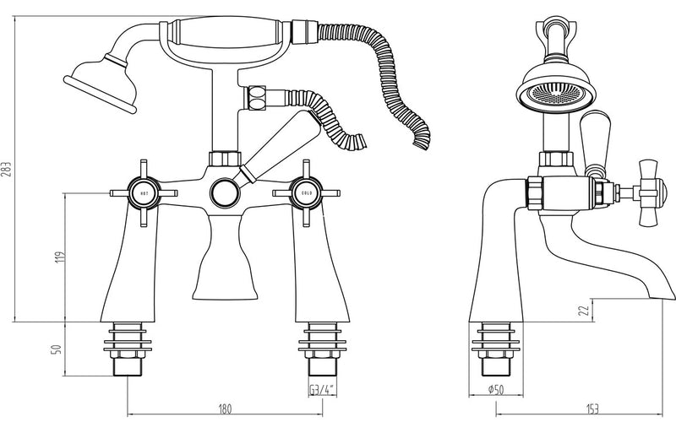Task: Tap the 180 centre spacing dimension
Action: coord(225,409)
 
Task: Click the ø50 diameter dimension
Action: coord(495,389)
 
